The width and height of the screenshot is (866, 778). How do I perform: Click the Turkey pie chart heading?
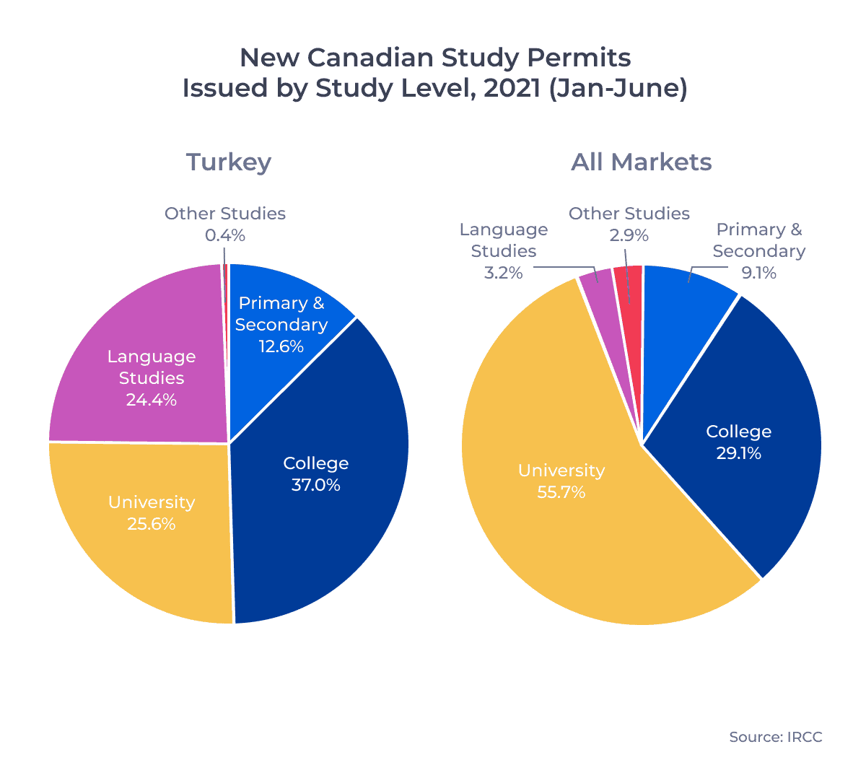[x=229, y=162]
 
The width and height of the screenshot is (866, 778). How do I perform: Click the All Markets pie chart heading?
[x=642, y=162]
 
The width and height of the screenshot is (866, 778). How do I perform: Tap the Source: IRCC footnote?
[x=775, y=737]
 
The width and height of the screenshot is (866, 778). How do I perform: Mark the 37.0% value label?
[x=316, y=485]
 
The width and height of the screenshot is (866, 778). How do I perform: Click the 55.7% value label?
[x=561, y=492]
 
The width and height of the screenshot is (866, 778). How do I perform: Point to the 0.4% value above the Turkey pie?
[x=225, y=235]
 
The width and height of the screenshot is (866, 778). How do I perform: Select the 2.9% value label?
[x=629, y=235]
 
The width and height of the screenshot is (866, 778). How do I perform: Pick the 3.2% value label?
[x=504, y=273]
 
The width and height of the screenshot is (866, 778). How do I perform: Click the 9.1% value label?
[x=759, y=273]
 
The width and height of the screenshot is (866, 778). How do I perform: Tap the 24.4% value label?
[x=152, y=400]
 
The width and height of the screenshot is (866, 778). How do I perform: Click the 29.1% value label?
[x=739, y=453]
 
